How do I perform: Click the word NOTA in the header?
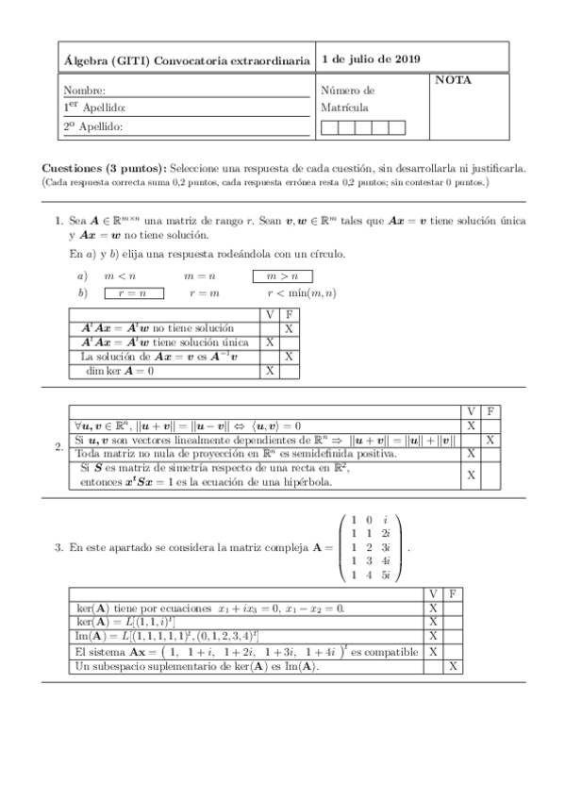(453, 81)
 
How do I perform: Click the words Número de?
(347, 92)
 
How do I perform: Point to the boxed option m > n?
(283, 276)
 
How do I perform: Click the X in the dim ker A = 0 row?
(270, 372)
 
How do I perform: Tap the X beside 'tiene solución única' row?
(270, 342)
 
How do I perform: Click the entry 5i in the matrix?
(388, 575)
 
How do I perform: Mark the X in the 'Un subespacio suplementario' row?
(454, 667)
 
